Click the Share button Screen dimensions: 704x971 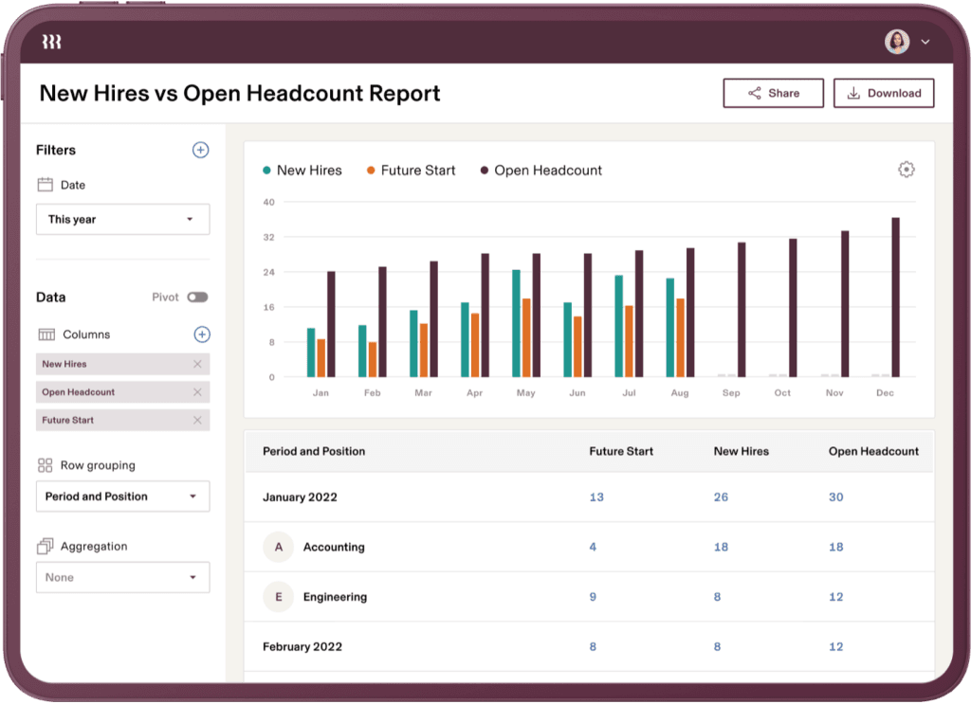click(773, 93)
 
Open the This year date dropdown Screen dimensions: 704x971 click(122, 219)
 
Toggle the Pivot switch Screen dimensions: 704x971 click(197, 297)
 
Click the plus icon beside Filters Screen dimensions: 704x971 click(200, 150)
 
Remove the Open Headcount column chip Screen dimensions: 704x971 click(197, 392)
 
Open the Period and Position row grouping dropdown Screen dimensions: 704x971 click(122, 496)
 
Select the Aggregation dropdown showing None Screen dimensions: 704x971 click(122, 577)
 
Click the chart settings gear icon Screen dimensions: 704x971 click(907, 170)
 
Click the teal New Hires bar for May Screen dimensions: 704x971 click(516, 323)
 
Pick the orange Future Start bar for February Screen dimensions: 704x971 click(373, 359)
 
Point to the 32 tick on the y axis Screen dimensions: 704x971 click(268, 237)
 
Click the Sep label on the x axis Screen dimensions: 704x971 click(731, 392)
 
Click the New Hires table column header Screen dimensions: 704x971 click(741, 451)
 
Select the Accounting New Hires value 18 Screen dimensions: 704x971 click(721, 547)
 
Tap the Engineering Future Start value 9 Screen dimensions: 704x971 click(593, 597)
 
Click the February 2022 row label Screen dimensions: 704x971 click(302, 647)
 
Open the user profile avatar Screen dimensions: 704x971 click(897, 42)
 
